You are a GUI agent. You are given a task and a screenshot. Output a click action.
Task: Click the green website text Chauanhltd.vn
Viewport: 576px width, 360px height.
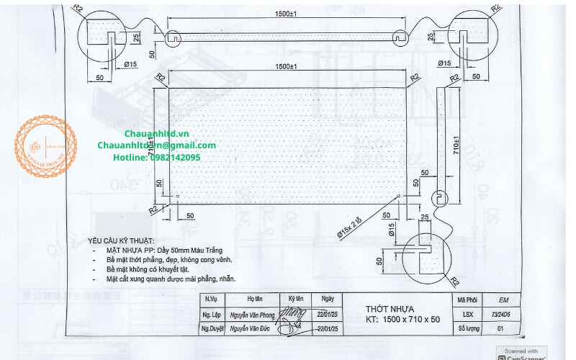click(x=156, y=134)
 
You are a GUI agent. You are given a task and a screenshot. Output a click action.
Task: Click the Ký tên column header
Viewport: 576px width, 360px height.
click(x=296, y=299)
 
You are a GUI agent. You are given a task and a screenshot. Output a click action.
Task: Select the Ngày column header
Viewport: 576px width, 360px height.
click(x=328, y=299)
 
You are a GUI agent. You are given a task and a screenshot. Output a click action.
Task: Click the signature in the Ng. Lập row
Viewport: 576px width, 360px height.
click(x=294, y=313)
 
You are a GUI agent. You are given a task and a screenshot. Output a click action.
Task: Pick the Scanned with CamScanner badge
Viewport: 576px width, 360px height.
click(x=522, y=353)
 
